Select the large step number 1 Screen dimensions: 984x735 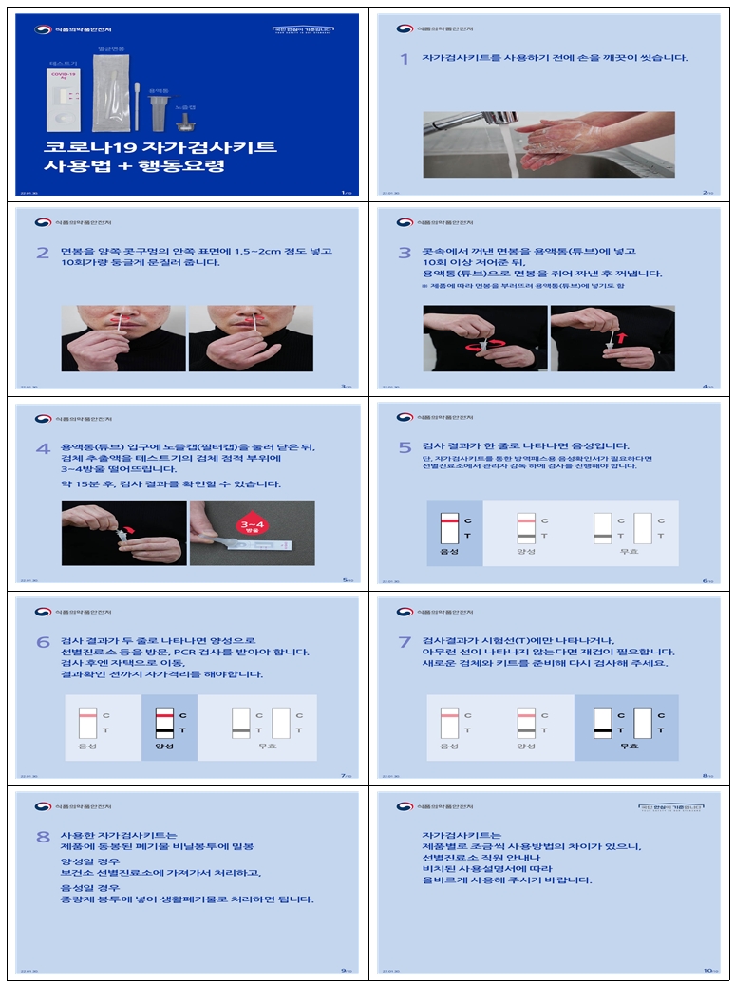click(405, 59)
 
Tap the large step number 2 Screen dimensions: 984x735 click(43, 253)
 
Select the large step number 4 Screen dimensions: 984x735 click(43, 448)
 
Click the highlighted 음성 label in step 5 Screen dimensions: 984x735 click(449, 551)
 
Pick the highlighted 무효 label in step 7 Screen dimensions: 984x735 click(627, 746)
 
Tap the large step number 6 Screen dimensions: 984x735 click(43, 643)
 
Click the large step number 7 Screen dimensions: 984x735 click(405, 643)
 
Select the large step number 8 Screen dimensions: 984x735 click(43, 837)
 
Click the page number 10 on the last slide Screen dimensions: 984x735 click(708, 970)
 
